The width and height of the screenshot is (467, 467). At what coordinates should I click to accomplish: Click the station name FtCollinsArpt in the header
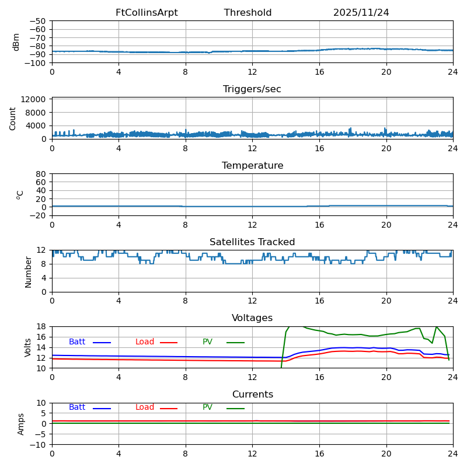click(147, 13)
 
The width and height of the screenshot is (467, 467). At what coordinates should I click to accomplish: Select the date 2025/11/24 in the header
click(361, 13)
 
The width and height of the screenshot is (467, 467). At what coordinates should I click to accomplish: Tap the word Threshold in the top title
click(248, 13)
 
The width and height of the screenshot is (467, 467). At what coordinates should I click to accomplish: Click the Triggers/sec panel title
click(252, 89)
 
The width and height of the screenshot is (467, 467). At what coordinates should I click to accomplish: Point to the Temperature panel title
click(252, 166)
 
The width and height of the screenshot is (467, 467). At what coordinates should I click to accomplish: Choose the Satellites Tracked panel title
click(252, 242)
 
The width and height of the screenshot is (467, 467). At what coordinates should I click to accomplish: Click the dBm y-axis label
click(16, 42)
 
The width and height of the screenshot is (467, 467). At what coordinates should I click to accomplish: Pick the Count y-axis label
click(13, 119)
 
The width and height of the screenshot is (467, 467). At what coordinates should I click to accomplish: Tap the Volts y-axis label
click(28, 347)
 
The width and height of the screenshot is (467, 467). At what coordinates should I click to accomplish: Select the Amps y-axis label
click(21, 424)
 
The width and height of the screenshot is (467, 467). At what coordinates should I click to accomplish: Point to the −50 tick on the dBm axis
click(39, 21)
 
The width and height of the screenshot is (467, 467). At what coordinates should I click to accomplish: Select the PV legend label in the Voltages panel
click(207, 342)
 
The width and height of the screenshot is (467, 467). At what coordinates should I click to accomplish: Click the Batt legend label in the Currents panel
click(76, 407)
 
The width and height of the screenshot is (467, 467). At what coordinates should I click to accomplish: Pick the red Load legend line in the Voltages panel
click(169, 343)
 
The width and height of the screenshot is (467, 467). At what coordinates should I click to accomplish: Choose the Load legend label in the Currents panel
click(145, 407)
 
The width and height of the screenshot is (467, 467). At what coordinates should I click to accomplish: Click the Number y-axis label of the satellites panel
click(28, 272)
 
